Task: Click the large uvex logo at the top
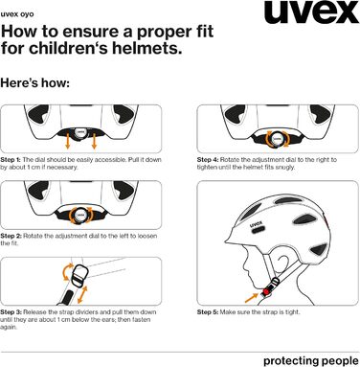311,12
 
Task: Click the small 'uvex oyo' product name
17,14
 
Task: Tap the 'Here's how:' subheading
35,83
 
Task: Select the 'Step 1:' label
11,160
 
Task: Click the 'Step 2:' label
11,236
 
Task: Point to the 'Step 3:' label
11,312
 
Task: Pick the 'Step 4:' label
208,160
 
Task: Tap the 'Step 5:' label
208,312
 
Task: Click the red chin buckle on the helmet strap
266,291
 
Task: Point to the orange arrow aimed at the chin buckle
252,298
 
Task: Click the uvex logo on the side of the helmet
257,224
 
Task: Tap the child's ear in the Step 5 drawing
283,262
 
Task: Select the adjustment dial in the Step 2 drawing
79,215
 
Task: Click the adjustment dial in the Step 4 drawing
276,139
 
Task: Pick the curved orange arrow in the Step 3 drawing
66,272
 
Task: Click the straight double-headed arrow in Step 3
82,294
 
